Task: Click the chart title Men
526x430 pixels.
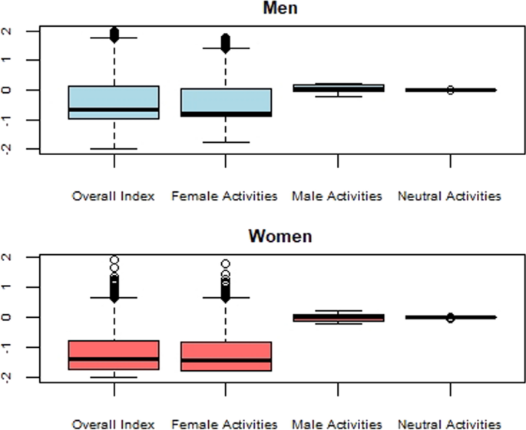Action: click(x=280, y=8)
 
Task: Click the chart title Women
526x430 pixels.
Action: click(x=280, y=236)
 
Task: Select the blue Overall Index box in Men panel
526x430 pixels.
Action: click(x=114, y=102)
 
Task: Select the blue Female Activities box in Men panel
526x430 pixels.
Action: click(x=226, y=101)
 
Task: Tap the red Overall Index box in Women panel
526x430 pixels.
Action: click(x=114, y=355)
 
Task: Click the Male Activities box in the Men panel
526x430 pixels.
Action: click(x=338, y=88)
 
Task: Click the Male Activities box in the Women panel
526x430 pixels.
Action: click(x=338, y=317)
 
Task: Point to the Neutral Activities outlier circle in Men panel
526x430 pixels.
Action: click(x=450, y=90)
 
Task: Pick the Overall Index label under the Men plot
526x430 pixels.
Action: click(x=114, y=197)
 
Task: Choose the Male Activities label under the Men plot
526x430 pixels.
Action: click(x=337, y=197)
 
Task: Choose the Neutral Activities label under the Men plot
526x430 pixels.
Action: click(x=449, y=197)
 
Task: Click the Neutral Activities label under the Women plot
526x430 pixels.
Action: click(x=449, y=423)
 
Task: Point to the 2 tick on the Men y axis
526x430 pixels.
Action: click(x=26, y=31)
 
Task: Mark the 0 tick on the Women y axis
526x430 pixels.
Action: click(x=26, y=317)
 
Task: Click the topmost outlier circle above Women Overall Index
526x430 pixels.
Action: click(x=114, y=260)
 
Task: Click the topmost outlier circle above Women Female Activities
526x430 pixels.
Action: click(x=226, y=264)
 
